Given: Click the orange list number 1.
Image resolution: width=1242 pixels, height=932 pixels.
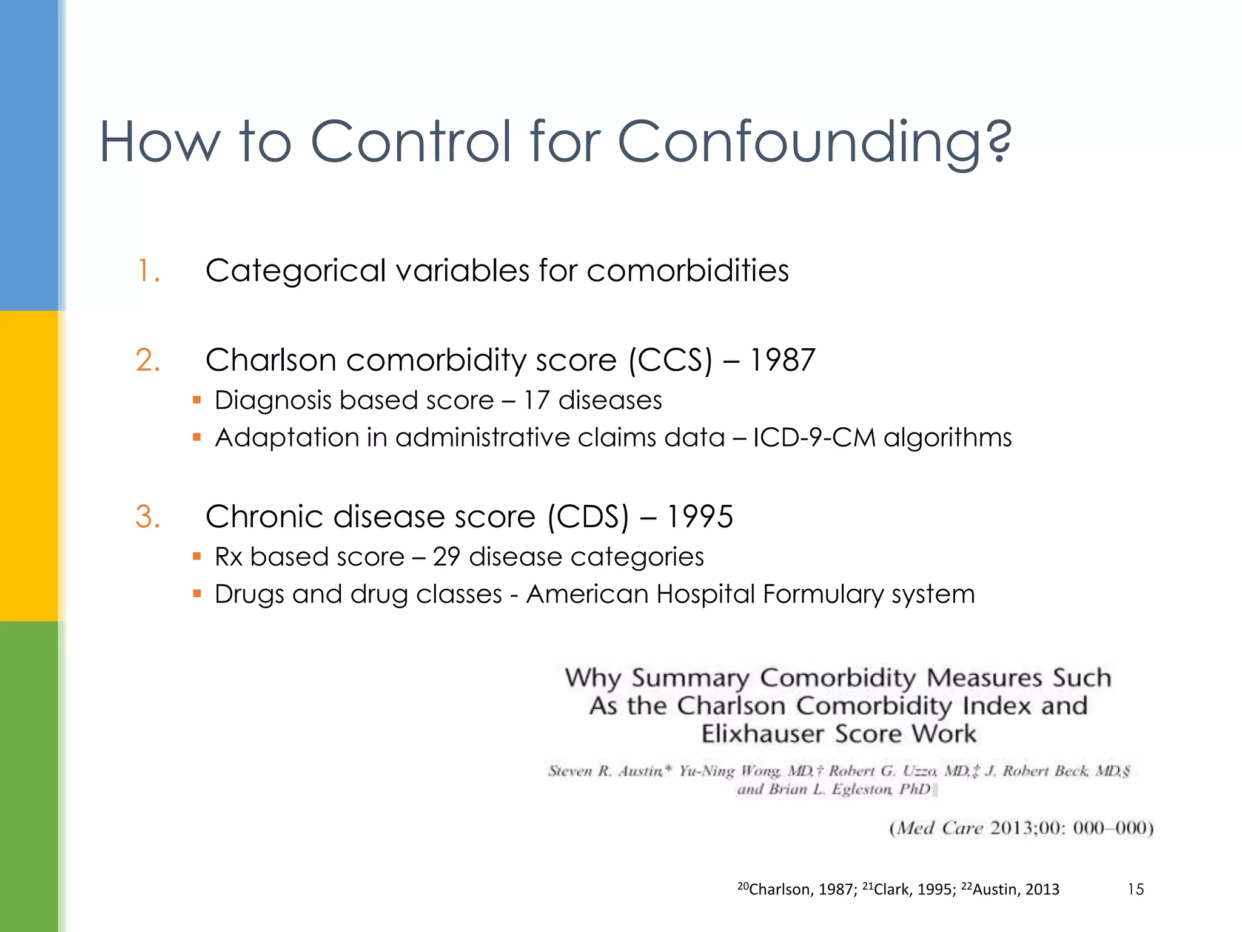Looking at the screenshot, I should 147,271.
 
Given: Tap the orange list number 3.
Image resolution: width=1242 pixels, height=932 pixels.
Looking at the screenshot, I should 147,517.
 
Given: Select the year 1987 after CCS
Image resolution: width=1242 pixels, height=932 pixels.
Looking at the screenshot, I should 782,360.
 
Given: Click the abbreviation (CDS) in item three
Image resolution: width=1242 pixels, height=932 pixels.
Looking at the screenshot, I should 588,517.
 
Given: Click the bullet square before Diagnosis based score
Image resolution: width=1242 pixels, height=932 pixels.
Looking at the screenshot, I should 196,400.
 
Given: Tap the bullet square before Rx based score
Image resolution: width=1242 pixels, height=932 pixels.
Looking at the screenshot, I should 196,556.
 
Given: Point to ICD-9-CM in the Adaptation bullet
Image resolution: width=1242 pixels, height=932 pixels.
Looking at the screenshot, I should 814,437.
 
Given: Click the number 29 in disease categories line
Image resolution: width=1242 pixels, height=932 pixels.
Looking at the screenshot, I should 446,557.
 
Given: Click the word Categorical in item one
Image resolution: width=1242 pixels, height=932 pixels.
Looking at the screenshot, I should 295,271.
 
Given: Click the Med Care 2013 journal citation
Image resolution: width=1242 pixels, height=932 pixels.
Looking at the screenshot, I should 1021,828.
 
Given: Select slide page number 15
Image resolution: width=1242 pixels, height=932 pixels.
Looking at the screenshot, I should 1135,890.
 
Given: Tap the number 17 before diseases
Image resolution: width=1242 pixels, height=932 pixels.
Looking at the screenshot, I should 536,400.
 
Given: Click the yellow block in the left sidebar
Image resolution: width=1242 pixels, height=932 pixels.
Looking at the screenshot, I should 29,465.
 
